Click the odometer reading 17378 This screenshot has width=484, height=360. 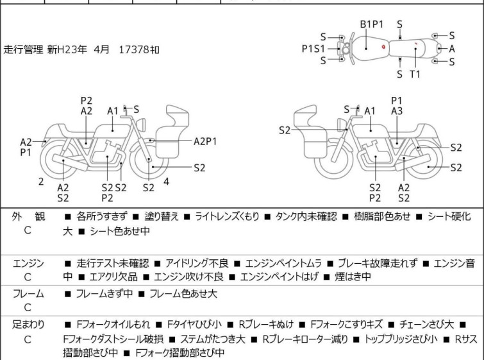135,49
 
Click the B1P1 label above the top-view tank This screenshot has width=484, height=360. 372,24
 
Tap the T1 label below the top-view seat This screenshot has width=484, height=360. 415,74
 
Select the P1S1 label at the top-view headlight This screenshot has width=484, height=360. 313,49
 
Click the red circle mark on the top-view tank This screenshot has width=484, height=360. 383,47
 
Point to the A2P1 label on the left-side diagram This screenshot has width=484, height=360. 205,142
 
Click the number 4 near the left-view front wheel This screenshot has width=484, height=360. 167,182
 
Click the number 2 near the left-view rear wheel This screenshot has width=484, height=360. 41,182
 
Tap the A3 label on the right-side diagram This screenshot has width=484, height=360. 397,111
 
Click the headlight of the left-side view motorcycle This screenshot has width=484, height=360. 141,124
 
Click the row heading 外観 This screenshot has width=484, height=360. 28,216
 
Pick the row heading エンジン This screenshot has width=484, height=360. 28,263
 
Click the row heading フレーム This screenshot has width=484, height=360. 28,293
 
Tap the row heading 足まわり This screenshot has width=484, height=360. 28,325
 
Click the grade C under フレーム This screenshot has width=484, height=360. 28,307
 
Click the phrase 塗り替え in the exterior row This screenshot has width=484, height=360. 162,216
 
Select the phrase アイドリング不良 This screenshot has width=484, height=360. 197,263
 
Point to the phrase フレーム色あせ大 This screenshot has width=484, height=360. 183,293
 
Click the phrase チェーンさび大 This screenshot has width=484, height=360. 426,325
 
